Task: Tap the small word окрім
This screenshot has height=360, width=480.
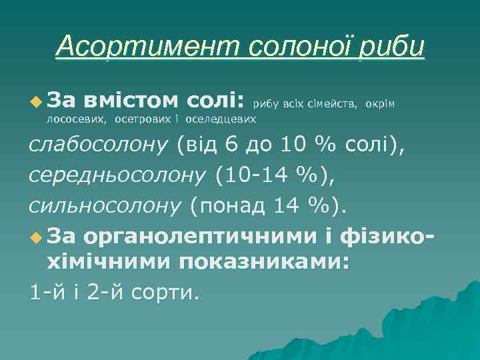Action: click(x=381, y=103)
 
